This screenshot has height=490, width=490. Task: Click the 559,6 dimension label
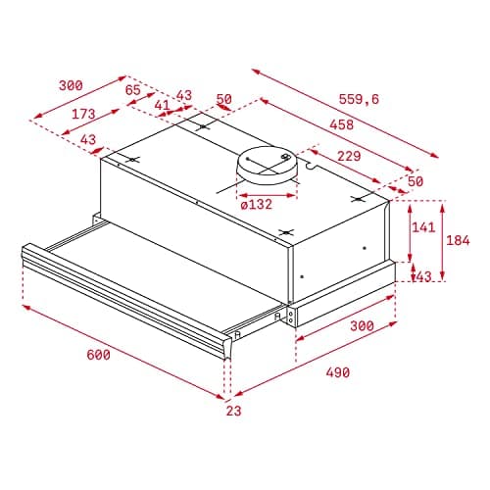point(387,99)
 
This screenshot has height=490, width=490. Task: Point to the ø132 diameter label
point(256,204)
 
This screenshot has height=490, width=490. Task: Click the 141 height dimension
point(422,228)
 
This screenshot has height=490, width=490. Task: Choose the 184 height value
point(458,240)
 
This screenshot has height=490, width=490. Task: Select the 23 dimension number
point(232,412)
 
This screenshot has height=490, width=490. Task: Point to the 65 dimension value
point(134,89)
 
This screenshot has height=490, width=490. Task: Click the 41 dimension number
point(162,104)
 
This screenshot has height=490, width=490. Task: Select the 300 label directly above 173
point(71,85)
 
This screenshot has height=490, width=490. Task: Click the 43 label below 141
point(422,277)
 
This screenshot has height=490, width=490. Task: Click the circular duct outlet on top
point(268,167)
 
